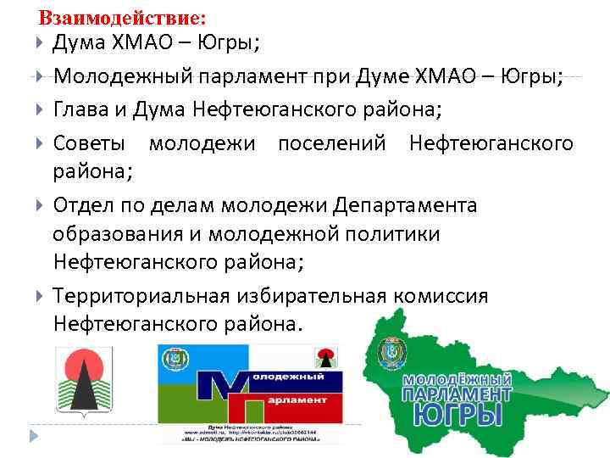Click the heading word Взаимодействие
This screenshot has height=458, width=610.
click(122, 17)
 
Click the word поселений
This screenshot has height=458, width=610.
click(332, 143)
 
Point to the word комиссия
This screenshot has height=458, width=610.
click(440, 296)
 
